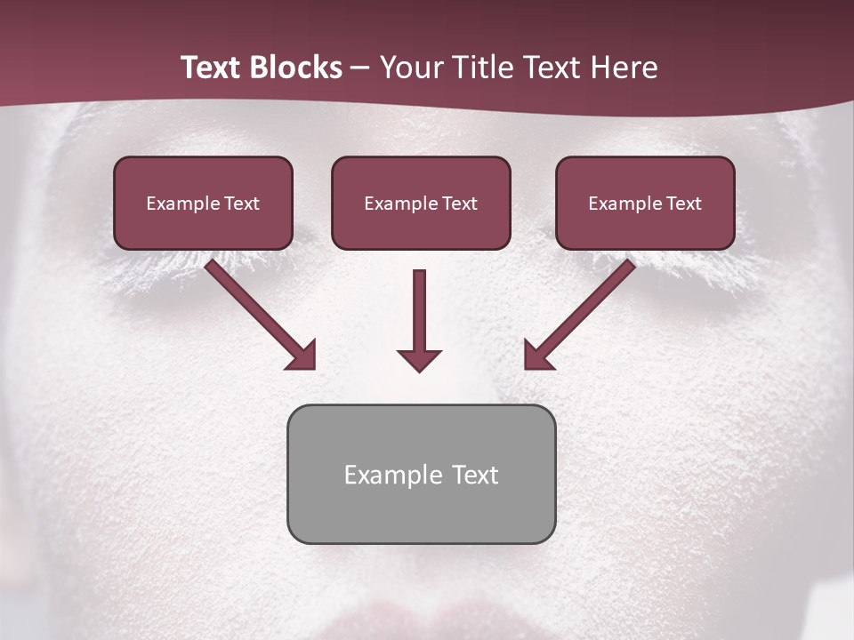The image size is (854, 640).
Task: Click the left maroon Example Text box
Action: (x=203, y=203)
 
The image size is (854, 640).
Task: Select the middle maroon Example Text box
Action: (x=421, y=203)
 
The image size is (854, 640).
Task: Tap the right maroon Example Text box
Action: (x=645, y=203)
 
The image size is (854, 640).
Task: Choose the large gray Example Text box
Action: (x=421, y=474)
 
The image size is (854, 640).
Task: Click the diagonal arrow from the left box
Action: (x=258, y=312)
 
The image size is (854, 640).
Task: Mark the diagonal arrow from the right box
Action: (x=582, y=312)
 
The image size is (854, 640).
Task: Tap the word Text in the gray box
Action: (x=474, y=475)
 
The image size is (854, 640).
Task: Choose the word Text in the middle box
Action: (x=459, y=204)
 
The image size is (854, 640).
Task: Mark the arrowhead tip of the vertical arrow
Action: (x=419, y=369)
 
